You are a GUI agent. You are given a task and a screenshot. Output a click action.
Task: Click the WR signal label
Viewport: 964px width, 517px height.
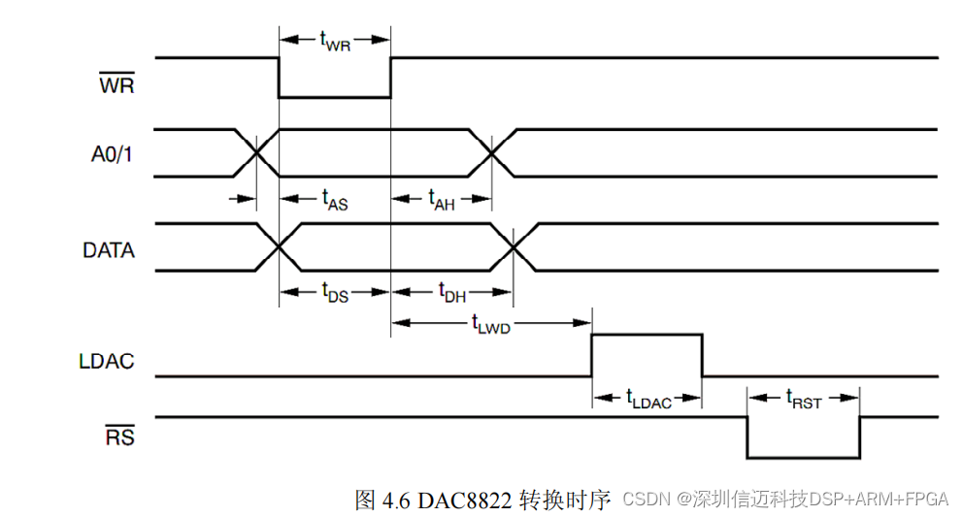click(x=116, y=85)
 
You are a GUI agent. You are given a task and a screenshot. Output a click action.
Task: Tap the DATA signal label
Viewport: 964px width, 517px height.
click(x=109, y=250)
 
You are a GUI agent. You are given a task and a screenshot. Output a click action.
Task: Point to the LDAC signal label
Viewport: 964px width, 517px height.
click(x=107, y=362)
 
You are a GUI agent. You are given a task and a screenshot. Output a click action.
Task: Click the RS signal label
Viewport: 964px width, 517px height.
click(x=119, y=437)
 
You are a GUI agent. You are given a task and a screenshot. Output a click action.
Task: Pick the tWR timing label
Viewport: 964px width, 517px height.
click(x=335, y=40)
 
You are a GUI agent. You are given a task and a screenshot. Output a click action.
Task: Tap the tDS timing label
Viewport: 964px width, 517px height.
click(x=334, y=292)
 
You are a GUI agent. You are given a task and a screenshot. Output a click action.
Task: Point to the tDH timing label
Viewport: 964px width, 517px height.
click(x=451, y=292)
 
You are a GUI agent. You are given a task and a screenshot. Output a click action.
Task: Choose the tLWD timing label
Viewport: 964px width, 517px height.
click(x=490, y=323)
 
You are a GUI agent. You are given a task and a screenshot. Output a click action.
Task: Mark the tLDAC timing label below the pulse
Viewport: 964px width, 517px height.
click(x=648, y=398)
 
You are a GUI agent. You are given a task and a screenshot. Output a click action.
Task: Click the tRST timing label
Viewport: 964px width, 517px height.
click(x=804, y=398)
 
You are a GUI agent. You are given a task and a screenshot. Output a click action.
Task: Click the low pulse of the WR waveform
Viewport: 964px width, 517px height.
click(x=335, y=96)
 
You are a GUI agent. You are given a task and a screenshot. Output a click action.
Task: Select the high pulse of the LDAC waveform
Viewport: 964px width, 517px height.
click(x=647, y=336)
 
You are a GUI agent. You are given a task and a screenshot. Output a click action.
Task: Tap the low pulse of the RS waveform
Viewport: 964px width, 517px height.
click(x=803, y=456)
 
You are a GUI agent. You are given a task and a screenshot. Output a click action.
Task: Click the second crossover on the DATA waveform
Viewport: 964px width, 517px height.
click(x=514, y=246)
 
